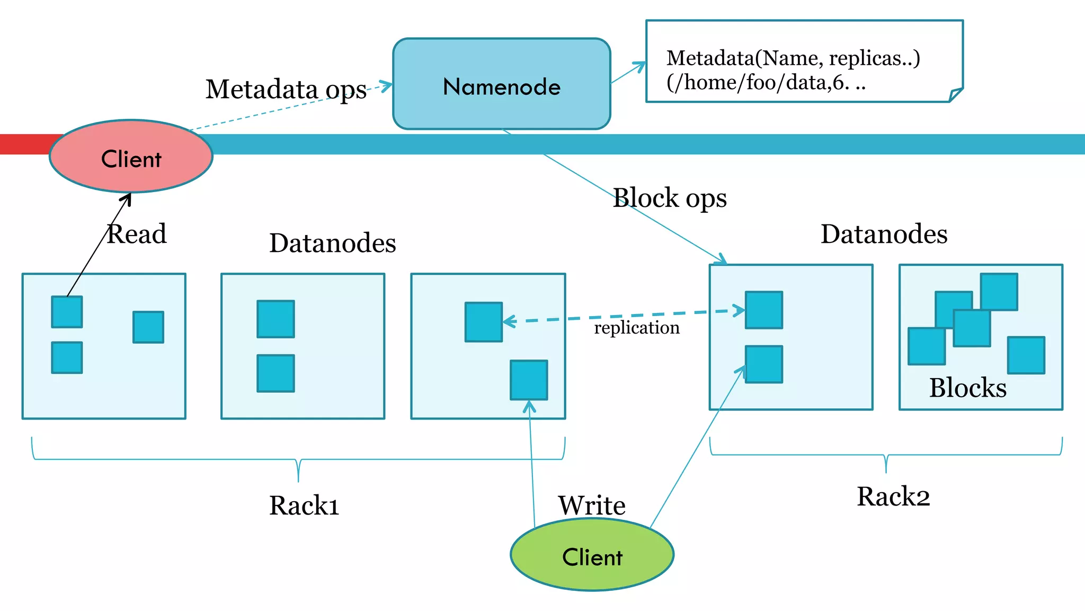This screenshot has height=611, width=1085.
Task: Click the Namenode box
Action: (x=501, y=85)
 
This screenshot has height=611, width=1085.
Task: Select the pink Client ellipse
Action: (x=131, y=157)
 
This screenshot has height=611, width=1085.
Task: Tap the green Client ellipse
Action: (x=592, y=555)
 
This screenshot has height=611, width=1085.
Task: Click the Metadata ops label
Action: (x=286, y=89)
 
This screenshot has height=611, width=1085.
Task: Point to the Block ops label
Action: (x=670, y=198)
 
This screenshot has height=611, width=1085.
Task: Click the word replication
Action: (x=636, y=328)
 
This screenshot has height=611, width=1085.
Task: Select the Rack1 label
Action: (x=304, y=505)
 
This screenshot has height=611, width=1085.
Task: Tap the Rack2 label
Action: (x=893, y=497)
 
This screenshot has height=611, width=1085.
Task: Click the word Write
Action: (x=592, y=505)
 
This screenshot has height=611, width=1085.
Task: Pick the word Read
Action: (x=137, y=234)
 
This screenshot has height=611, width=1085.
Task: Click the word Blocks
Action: (x=967, y=388)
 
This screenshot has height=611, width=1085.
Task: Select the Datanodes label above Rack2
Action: (x=884, y=234)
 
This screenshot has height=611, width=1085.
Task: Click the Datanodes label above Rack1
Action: (x=332, y=243)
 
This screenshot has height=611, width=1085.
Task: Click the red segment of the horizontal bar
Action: (x=26, y=144)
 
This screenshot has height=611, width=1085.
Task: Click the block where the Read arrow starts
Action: (x=67, y=312)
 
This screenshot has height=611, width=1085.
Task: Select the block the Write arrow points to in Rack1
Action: (x=529, y=380)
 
